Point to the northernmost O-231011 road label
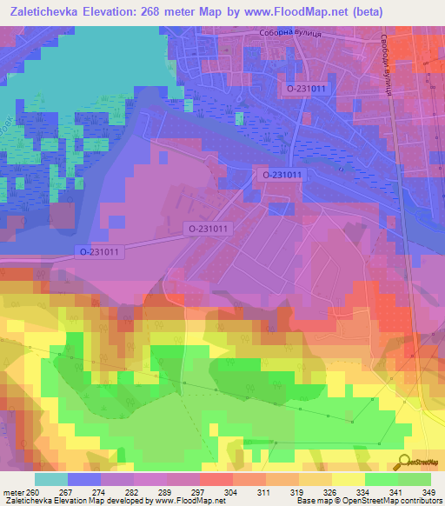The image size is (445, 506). click(301, 87)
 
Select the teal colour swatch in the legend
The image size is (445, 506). click(50, 479)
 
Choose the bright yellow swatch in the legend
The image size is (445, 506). click(348, 479)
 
